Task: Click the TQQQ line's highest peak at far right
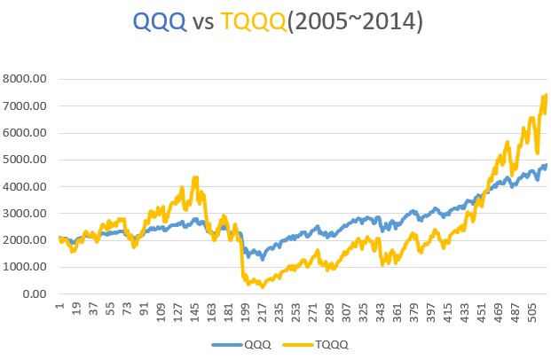pyautogui.click(x=546, y=95)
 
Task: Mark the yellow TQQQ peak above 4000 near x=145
pyautogui.click(x=195, y=179)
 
